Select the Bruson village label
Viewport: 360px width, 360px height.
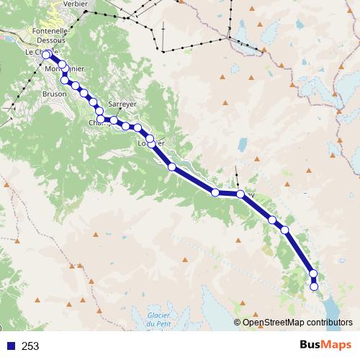55,94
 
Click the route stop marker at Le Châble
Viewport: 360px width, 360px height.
47,55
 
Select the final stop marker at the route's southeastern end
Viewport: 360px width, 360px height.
314,287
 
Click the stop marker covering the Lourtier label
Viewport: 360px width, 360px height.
150,138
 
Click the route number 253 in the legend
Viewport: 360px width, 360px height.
30,346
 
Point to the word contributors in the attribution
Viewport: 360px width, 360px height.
328,322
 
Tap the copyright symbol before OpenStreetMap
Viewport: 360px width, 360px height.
237,322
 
